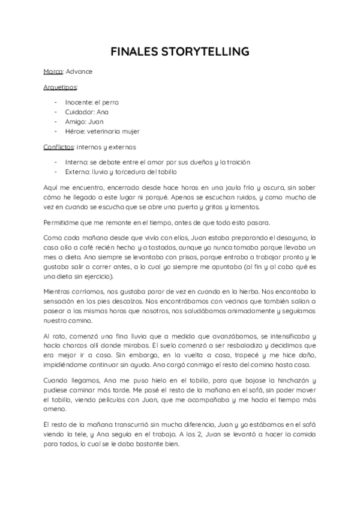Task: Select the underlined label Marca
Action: coord(53,72)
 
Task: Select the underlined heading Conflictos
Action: coord(58,146)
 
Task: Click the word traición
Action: coord(237,162)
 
